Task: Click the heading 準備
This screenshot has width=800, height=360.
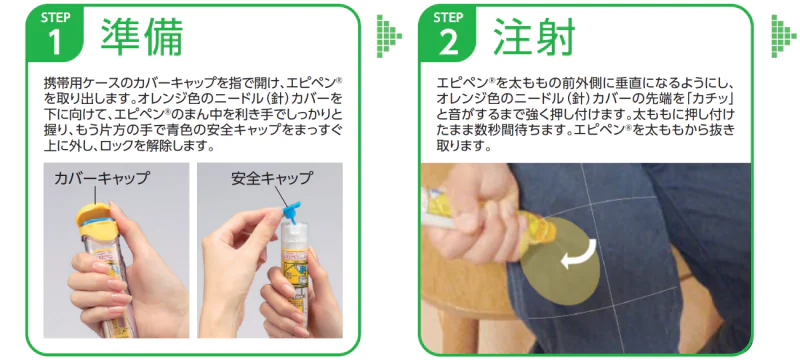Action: pos(141,36)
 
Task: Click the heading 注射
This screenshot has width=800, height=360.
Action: pos(534,36)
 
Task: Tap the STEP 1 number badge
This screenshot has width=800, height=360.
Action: pos(55,34)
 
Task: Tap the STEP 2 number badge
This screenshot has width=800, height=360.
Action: pos(447,34)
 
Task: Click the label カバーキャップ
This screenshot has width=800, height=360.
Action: pos(102,178)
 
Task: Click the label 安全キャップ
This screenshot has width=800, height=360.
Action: pos(271,178)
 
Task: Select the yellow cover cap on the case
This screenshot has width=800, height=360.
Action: pos(94,220)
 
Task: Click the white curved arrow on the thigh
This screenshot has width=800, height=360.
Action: pos(579,254)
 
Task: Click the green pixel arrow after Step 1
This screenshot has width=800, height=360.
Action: pos(389,36)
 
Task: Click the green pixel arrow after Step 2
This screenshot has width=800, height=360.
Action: pos(783,36)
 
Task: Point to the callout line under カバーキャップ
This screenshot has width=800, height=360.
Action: pos(95,195)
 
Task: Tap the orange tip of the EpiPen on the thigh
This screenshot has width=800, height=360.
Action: pos(541,230)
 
